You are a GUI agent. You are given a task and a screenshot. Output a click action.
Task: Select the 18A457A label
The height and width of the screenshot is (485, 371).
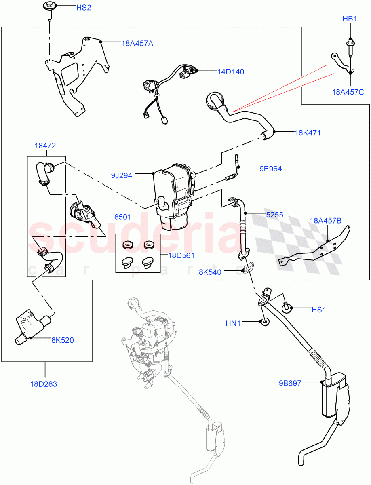[x=137, y=44]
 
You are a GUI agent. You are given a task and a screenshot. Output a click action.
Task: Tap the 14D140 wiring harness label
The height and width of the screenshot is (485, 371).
[x=231, y=72]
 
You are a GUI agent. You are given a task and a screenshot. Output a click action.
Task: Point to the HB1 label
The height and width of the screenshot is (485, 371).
[x=350, y=19]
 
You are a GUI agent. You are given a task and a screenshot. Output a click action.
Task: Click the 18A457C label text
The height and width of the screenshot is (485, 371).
[x=348, y=92]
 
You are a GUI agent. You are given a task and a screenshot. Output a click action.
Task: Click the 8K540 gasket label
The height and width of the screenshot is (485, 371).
[x=210, y=272]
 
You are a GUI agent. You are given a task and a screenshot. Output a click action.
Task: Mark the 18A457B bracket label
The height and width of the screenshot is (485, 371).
[x=326, y=221]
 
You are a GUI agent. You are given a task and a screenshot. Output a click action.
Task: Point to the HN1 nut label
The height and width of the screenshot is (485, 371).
[x=233, y=323]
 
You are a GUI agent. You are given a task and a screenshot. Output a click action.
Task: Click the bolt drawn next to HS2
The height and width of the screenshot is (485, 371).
[x=48, y=11]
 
